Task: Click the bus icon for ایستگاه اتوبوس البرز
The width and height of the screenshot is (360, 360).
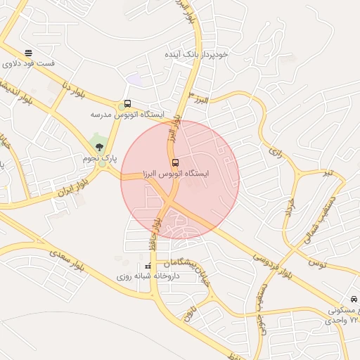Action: point(176,163)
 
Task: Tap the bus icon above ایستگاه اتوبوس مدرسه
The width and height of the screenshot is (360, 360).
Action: point(127,103)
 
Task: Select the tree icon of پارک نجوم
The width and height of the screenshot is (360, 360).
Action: point(99,148)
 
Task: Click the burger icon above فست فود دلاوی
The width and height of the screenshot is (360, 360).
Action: point(28,53)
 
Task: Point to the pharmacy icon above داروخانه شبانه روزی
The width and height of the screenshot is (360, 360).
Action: point(148,266)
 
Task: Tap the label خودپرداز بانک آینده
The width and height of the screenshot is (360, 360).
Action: point(195,54)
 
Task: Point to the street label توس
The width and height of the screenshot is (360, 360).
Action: point(317,263)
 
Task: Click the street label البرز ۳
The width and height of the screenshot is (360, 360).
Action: point(200,98)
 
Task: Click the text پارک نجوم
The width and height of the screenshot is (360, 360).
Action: point(99,160)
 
